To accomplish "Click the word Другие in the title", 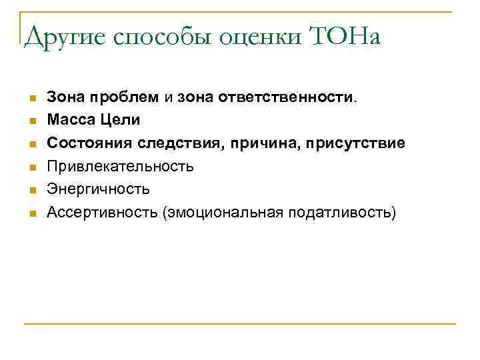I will (x=65, y=37).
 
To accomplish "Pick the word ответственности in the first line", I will (x=300, y=97).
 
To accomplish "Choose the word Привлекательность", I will (x=120, y=166).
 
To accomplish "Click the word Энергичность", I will (x=98, y=189).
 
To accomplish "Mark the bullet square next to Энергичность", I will (x=31, y=191).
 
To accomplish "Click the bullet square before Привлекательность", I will (x=31, y=167).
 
